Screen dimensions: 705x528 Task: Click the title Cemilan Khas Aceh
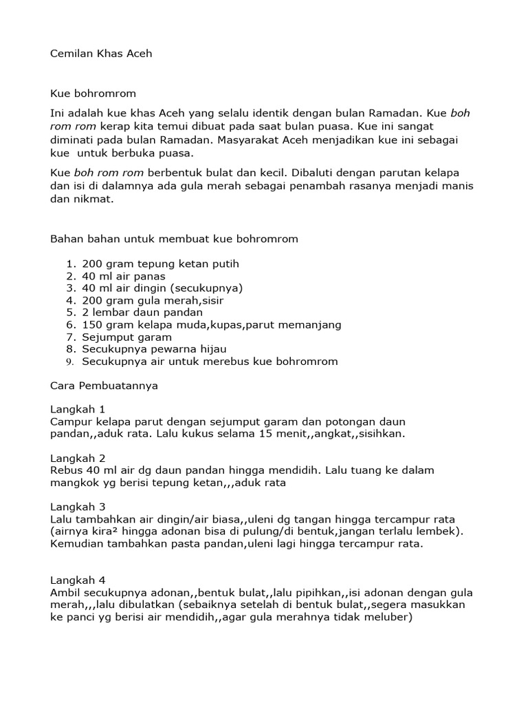coord(101,54)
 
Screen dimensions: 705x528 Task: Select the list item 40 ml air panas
coord(124,276)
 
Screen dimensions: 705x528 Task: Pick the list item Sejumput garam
coord(126,337)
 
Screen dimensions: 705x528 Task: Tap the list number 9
coord(69,361)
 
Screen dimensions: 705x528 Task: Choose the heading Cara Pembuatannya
coord(104,386)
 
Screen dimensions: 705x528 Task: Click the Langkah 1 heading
coord(78,409)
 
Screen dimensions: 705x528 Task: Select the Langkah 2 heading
coord(78,458)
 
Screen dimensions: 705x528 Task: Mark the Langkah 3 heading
coord(78,507)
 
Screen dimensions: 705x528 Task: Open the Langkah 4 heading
coord(78,580)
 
